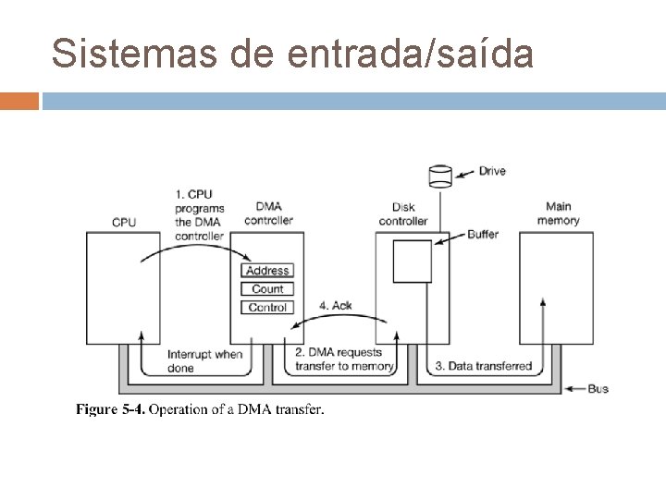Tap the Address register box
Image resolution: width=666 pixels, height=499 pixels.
pos(267,271)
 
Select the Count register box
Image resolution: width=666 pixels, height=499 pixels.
pos(267,289)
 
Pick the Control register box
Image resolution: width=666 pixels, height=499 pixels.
pos(267,308)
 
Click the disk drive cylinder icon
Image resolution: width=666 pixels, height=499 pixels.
pos(440,174)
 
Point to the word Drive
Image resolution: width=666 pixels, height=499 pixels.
pos(492,171)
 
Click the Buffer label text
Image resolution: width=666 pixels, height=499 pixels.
pos(483,235)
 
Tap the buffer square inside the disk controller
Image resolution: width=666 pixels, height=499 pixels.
pos(413,261)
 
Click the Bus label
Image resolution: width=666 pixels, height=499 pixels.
pos(598,389)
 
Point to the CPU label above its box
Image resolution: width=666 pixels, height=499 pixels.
pos(124,222)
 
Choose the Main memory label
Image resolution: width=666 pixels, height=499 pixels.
pos(559,213)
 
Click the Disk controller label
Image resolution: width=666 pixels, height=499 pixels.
pos(403,214)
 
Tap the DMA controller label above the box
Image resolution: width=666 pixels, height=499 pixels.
pos(268,213)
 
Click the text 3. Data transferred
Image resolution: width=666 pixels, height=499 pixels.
pos(484,366)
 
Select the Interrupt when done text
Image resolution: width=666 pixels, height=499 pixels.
pos(204,360)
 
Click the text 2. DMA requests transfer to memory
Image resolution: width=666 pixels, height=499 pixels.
pos(344,359)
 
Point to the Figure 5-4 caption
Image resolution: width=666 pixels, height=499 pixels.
pos(200,409)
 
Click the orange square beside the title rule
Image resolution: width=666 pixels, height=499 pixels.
pos(19,100)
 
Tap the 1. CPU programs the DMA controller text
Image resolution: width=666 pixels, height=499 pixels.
pos(199,214)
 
